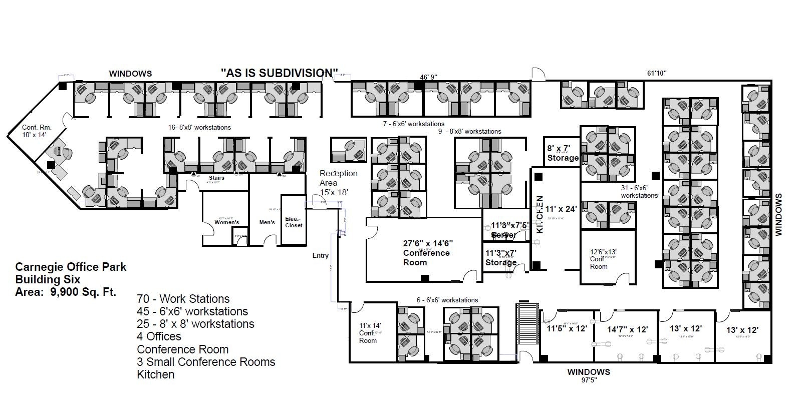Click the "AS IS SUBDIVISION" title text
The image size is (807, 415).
279,73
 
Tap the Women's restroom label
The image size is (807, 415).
227,222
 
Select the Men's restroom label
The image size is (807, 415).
267,222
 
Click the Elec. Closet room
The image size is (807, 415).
294,222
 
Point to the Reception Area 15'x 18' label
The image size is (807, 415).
338,182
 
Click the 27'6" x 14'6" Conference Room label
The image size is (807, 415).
427,253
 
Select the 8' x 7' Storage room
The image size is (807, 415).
563,153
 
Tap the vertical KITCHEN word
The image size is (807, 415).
540,215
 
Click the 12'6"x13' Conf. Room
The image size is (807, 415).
603,259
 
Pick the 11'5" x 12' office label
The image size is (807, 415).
566,329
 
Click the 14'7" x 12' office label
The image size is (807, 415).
628,329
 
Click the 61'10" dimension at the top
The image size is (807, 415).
656,73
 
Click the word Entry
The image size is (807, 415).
321,255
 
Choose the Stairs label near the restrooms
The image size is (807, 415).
216,178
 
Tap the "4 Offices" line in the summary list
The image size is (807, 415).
159,336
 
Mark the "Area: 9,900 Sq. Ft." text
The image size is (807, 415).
66,292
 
